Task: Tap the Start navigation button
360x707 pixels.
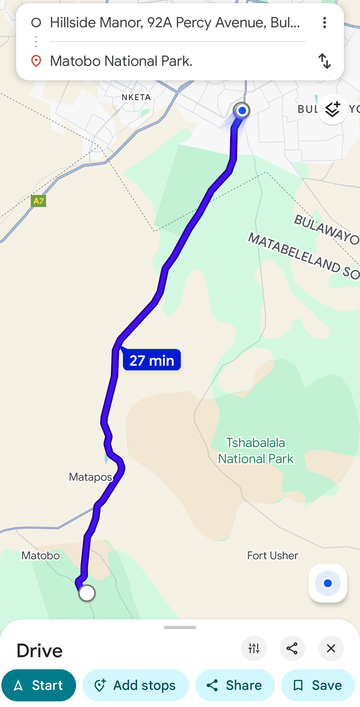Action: [39, 685]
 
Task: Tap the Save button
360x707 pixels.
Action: [318, 685]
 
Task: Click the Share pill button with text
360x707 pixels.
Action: [235, 685]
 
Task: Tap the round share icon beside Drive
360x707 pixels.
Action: [292, 649]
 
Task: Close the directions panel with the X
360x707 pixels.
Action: [331, 649]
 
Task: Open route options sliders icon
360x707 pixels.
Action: [254, 649]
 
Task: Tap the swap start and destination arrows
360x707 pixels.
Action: [325, 61]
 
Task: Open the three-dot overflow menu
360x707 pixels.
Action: [325, 22]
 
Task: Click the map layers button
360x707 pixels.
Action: [332, 110]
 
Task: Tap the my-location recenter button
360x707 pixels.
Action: [328, 583]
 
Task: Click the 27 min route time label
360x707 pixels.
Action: [152, 360]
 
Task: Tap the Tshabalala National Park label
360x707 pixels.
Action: [256, 451]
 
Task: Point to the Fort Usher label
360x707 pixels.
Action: [273, 555]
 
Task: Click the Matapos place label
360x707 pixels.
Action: [90, 477]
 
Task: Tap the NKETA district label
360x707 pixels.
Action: [136, 97]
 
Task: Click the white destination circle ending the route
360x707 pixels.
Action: [87, 593]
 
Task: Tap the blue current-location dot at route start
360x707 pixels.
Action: [242, 111]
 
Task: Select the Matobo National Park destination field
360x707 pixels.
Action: [176, 61]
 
